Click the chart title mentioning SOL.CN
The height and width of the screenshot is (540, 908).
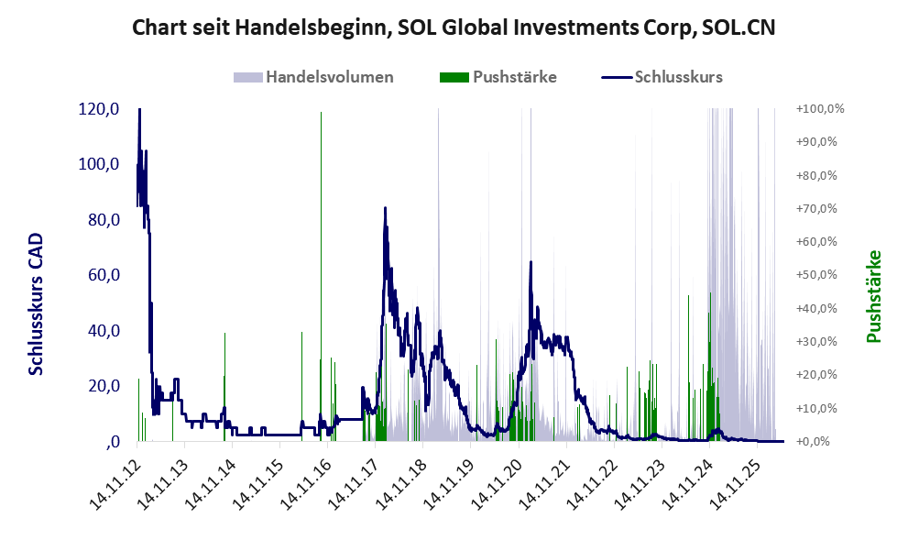pyautogui.click(x=454, y=28)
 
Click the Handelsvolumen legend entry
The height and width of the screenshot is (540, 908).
pyautogui.click(x=313, y=77)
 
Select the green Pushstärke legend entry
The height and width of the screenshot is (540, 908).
pyautogui.click(x=498, y=77)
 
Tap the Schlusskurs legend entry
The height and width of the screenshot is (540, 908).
pyautogui.click(x=662, y=77)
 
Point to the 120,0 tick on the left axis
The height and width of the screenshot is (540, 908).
pyautogui.click(x=98, y=109)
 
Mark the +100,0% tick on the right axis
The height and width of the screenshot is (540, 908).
pyautogui.click(x=820, y=109)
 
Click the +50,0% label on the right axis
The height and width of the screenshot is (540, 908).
pyautogui.click(x=817, y=275)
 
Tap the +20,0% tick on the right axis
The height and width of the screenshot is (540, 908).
pyautogui.click(x=817, y=374)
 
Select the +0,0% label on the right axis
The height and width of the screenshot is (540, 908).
pyautogui.click(x=814, y=442)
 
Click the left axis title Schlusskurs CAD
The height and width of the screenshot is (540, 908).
pyautogui.click(x=36, y=303)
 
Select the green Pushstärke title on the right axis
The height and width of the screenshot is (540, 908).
pyautogui.click(x=874, y=296)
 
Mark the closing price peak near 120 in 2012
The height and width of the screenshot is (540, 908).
pyautogui.click(x=139, y=109)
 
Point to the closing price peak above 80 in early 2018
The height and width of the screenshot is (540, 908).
pyautogui.click(x=385, y=208)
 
